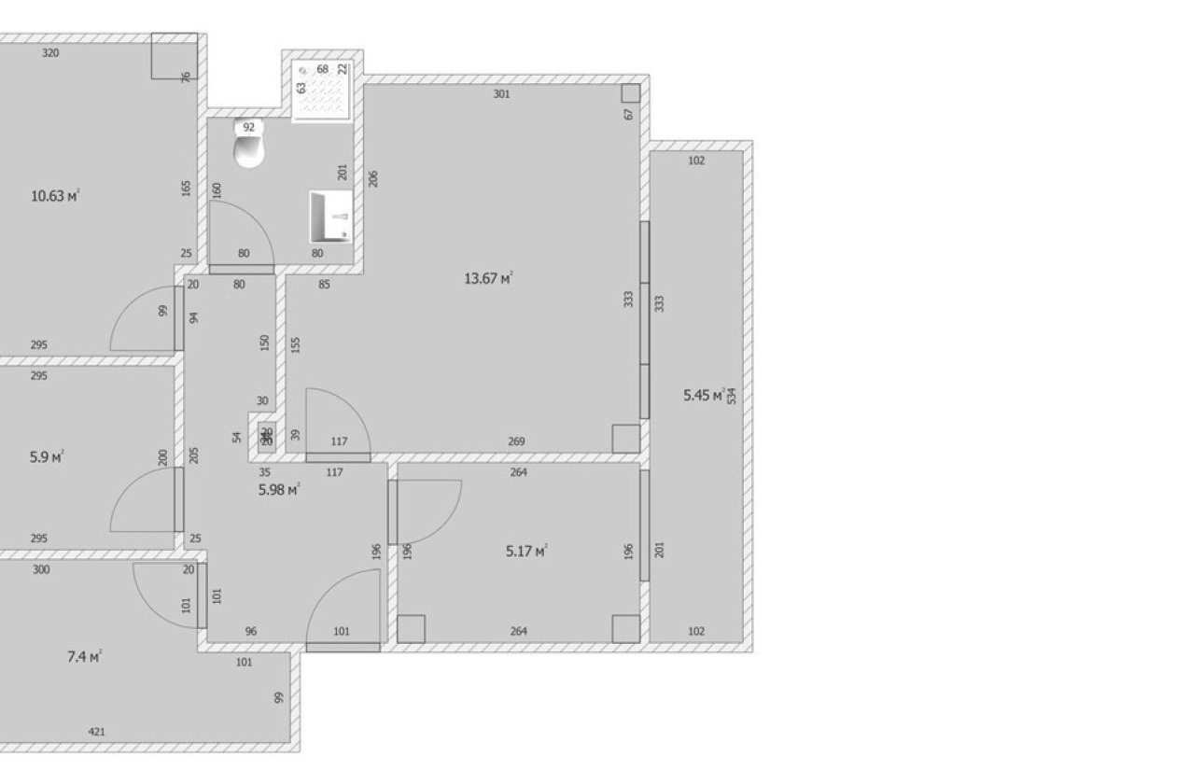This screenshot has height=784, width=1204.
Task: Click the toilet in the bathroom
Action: tap(249, 149)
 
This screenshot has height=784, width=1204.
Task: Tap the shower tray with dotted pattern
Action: tap(323, 91)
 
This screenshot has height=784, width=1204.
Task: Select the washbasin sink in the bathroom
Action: tap(330, 216)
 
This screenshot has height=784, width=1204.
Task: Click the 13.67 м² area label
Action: tap(488, 278)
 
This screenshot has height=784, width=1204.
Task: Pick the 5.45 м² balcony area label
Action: tap(704, 396)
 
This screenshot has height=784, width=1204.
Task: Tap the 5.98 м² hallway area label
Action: tap(278, 489)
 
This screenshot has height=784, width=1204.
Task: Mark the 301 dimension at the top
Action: tap(501, 94)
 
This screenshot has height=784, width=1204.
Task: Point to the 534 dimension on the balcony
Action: tap(732, 396)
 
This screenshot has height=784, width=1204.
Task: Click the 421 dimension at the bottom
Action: tap(96, 732)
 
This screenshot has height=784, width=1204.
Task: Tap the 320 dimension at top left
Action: tap(51, 54)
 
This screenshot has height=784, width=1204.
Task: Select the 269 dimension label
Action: tap(517, 441)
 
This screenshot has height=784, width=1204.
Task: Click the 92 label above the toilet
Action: tap(248, 127)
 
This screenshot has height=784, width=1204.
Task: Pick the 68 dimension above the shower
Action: tap(323, 69)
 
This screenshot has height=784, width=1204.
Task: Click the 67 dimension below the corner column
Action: tap(630, 114)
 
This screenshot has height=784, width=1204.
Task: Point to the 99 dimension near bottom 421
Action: tap(278, 698)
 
